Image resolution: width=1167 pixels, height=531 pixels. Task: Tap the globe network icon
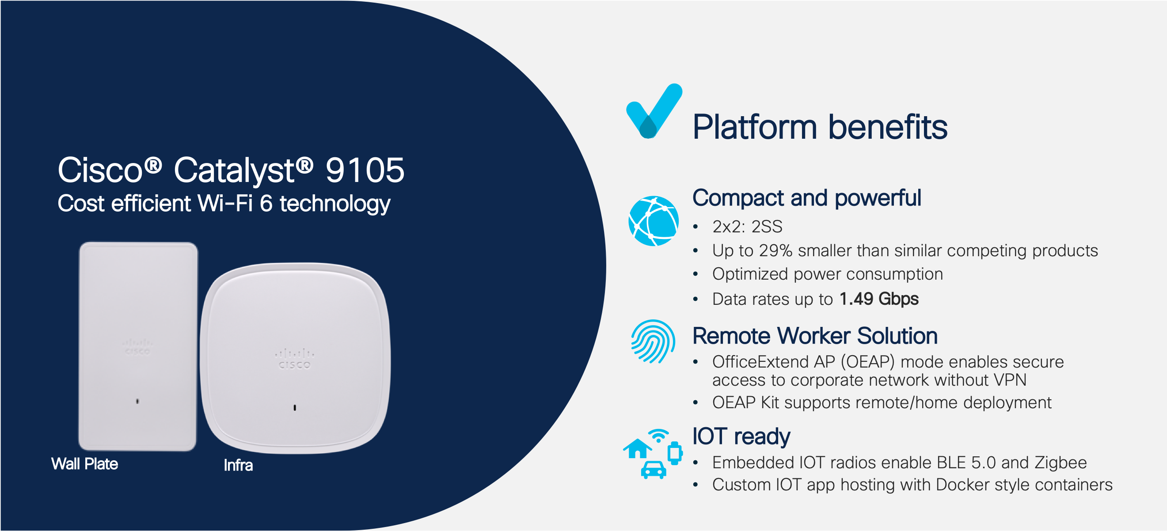[x=653, y=221]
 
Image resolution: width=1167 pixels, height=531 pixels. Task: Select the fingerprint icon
[x=653, y=341]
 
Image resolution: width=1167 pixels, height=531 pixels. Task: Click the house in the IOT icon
[x=638, y=448]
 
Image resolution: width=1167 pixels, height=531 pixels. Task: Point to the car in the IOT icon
[x=653, y=470]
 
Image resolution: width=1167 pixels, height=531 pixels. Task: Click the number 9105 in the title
[x=365, y=171]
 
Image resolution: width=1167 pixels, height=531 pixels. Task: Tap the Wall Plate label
[x=85, y=464]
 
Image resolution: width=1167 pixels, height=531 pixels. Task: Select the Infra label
[x=238, y=465]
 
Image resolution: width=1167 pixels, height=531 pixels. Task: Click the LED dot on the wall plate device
[x=138, y=401]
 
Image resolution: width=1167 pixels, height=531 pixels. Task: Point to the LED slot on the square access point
[x=295, y=408]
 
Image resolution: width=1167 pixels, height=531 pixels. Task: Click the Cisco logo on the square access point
[x=294, y=359]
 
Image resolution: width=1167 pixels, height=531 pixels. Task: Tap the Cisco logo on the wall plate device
[x=138, y=347]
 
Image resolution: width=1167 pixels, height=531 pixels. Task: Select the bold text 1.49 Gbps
[x=879, y=299]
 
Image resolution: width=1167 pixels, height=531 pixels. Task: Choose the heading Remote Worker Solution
[x=815, y=336]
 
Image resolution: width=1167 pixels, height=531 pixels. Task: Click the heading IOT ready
[x=741, y=436]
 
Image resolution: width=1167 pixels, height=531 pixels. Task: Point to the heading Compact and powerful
[x=807, y=198]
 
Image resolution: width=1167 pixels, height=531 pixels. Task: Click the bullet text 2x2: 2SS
[x=748, y=227]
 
